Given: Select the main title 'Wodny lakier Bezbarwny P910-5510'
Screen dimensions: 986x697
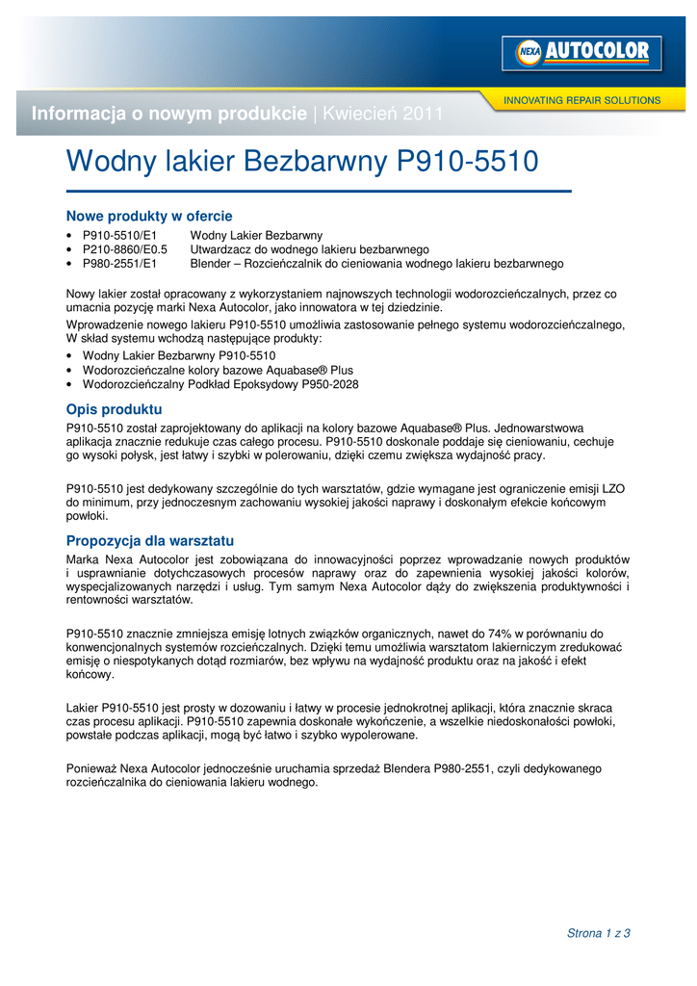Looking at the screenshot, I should pyautogui.click(x=301, y=162).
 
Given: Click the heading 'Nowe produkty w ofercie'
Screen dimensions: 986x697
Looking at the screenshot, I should pyautogui.click(x=149, y=216).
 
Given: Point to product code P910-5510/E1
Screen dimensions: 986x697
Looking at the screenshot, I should pyautogui.click(x=119, y=235).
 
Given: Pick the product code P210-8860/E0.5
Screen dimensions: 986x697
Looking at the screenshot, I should pyautogui.click(x=125, y=248).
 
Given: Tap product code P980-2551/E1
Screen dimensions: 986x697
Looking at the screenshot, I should pyautogui.click(x=119, y=262).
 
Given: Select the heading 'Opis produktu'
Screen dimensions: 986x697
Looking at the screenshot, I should pyautogui.click(x=114, y=409).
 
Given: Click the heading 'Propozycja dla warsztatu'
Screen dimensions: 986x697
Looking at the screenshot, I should pyautogui.click(x=150, y=540).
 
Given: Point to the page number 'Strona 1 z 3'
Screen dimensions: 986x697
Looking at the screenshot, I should pyautogui.click(x=598, y=933).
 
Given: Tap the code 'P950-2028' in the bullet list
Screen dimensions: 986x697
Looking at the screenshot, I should pyautogui.click(x=331, y=383).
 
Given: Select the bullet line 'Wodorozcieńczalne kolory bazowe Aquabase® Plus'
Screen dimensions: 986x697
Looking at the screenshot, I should pyautogui.click(x=218, y=370).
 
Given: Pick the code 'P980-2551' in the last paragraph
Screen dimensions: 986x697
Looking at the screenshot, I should pyautogui.click(x=463, y=768).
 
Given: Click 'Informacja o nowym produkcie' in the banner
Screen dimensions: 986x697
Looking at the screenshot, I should pyautogui.click(x=169, y=114).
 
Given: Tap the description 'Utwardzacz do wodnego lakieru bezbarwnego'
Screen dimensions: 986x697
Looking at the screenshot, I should pyautogui.click(x=309, y=248).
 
